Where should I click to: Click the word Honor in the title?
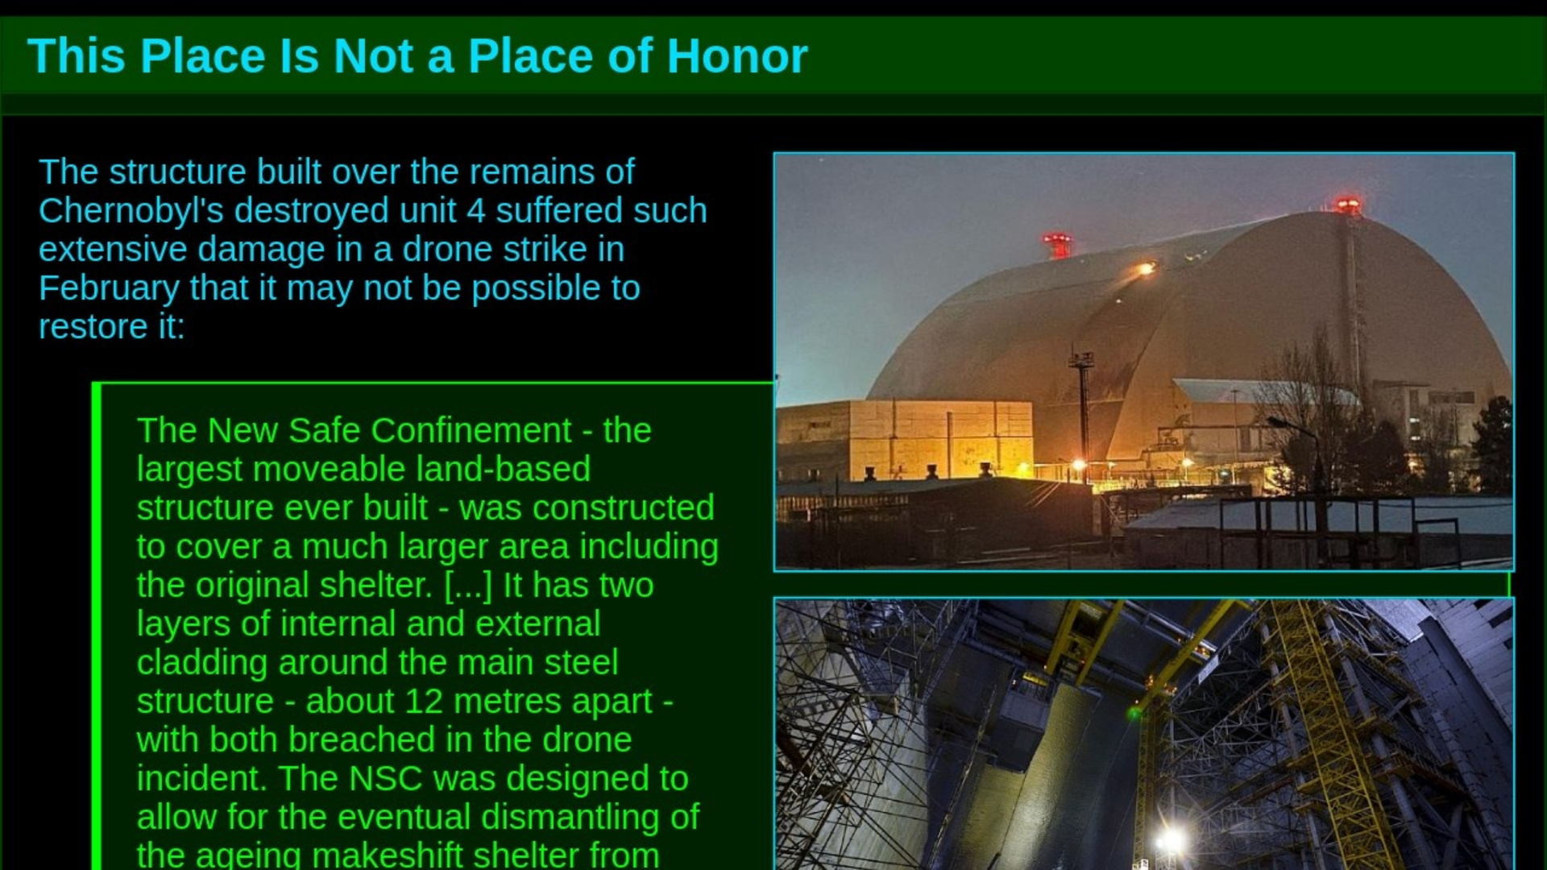(x=736, y=56)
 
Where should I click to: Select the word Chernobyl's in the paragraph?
(x=132, y=211)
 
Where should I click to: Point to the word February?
(x=109, y=288)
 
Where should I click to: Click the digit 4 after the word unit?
(x=476, y=211)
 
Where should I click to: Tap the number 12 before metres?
(x=423, y=702)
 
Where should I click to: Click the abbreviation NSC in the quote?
(x=385, y=779)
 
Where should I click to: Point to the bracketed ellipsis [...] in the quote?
(x=468, y=586)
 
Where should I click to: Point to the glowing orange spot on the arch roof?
(x=1144, y=268)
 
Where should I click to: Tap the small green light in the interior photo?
(x=1134, y=713)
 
